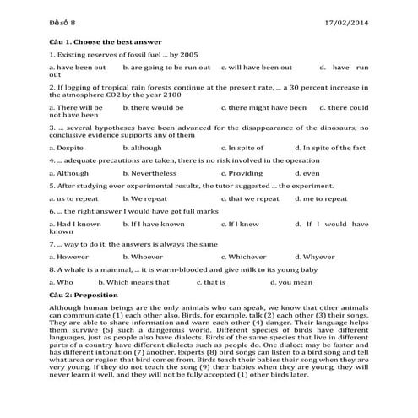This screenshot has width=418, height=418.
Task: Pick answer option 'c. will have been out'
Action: tap(257, 66)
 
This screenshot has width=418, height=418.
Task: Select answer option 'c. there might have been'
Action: tap(263, 107)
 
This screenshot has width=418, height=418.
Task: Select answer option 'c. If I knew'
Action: tap(240, 224)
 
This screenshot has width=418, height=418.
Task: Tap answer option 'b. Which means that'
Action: tap(155, 281)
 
